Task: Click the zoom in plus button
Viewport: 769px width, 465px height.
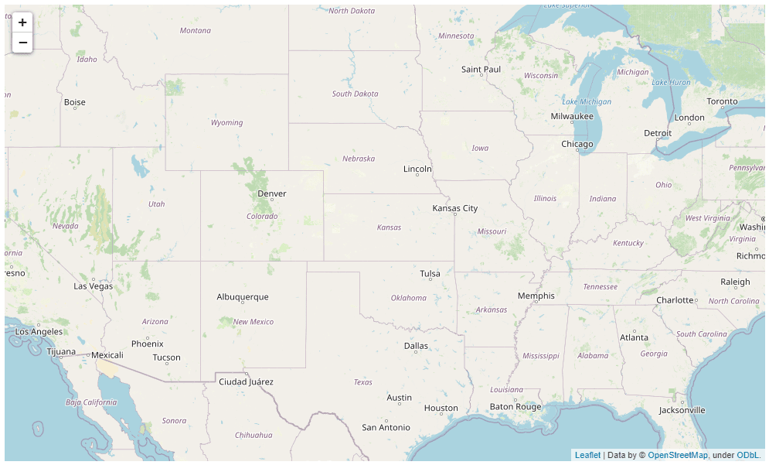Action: point(22,23)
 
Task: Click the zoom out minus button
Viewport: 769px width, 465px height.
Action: point(22,43)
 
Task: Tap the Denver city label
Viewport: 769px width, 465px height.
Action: point(272,193)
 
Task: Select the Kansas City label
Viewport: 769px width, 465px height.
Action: point(454,208)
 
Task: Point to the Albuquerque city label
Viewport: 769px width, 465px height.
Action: point(243,297)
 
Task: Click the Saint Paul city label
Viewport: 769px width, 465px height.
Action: point(481,70)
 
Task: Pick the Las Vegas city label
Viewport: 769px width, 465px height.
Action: point(93,286)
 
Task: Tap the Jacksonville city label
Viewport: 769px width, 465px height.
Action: point(682,410)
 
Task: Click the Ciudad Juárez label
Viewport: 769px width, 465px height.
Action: point(246,382)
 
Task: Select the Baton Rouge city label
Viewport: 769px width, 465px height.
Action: point(516,407)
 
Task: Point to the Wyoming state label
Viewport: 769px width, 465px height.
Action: point(227,123)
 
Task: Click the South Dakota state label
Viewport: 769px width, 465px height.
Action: point(355,94)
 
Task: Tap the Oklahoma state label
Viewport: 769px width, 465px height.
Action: point(408,298)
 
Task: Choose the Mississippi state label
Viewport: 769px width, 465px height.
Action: point(540,356)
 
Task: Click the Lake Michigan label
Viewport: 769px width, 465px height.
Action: point(587,102)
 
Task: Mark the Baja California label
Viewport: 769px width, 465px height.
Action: point(91,402)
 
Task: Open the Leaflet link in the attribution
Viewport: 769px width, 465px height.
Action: point(587,456)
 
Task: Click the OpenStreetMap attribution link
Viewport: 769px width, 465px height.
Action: point(677,456)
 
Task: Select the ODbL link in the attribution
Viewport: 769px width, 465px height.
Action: point(748,456)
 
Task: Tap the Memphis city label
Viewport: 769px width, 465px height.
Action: point(536,296)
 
